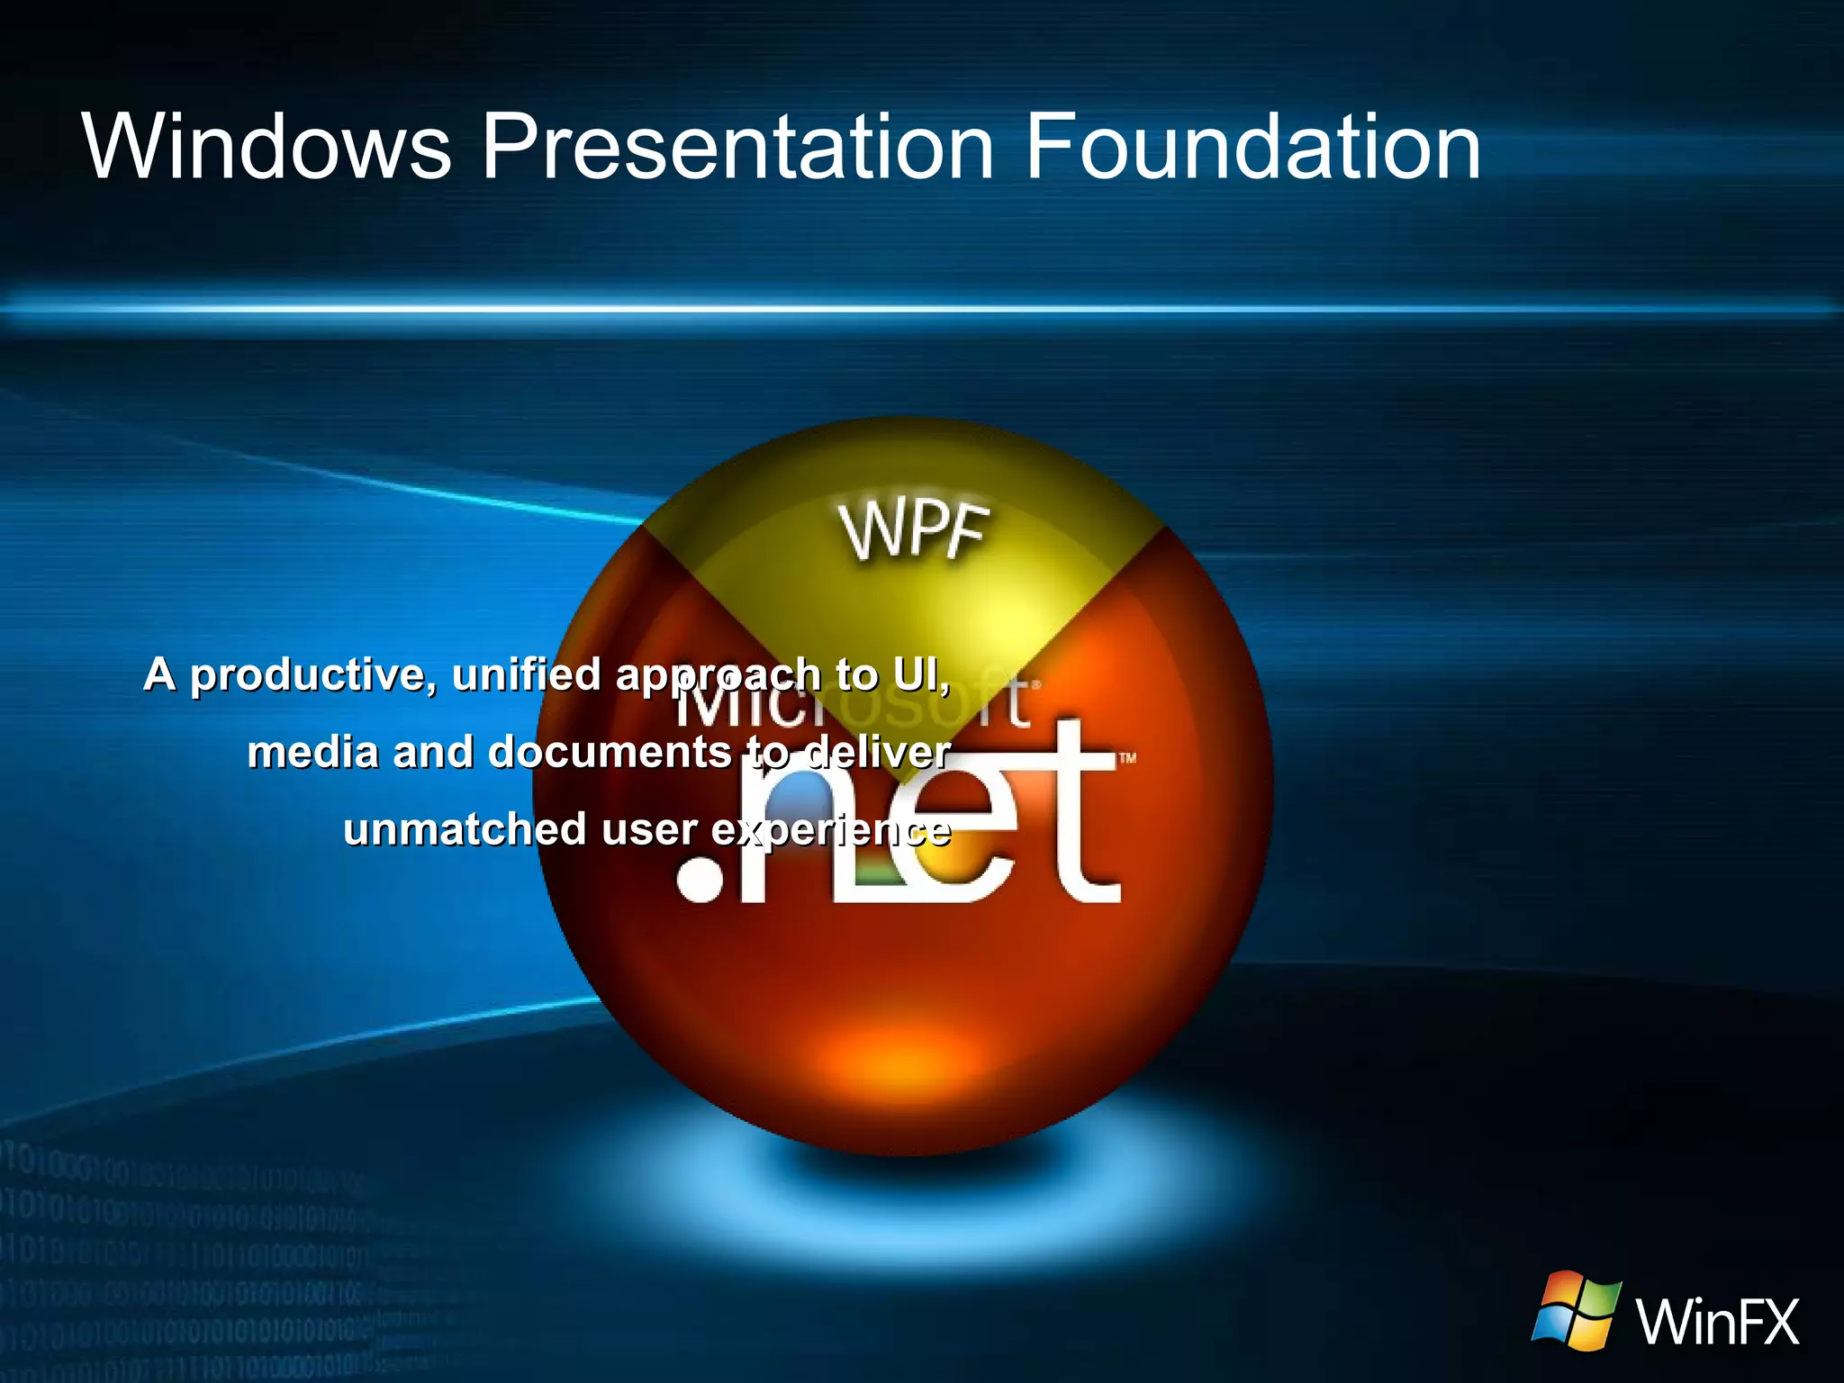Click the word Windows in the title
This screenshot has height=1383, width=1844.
coord(267,146)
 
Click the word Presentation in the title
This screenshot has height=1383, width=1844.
coord(737,146)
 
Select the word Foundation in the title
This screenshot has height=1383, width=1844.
coord(1252,146)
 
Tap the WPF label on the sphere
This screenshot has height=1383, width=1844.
coord(915,531)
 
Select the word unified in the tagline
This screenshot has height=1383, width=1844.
coord(526,673)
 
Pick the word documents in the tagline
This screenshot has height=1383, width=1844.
coord(610,752)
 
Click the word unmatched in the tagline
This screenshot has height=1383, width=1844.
coord(465,829)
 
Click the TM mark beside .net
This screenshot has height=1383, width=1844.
coord(1127,758)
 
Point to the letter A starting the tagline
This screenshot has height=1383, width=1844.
coord(159,674)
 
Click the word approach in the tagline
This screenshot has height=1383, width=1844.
coord(718,675)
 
